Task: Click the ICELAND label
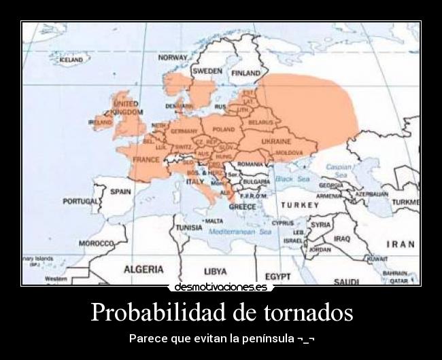tap(71, 60)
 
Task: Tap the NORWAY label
tap(173, 58)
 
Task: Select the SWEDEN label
tap(207, 71)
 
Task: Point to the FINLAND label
tap(245, 73)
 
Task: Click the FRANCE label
tap(146, 160)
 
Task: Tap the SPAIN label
tap(120, 192)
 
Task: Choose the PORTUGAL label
tap(81, 202)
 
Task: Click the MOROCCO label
tap(96, 243)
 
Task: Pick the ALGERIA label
tap(143, 269)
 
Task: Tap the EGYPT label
tap(277, 276)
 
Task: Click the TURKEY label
tap(300, 204)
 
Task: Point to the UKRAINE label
tap(277, 141)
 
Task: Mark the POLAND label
tap(224, 129)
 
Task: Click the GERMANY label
tap(184, 130)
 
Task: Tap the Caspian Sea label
tap(339, 170)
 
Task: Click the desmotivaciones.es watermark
tap(220, 287)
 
